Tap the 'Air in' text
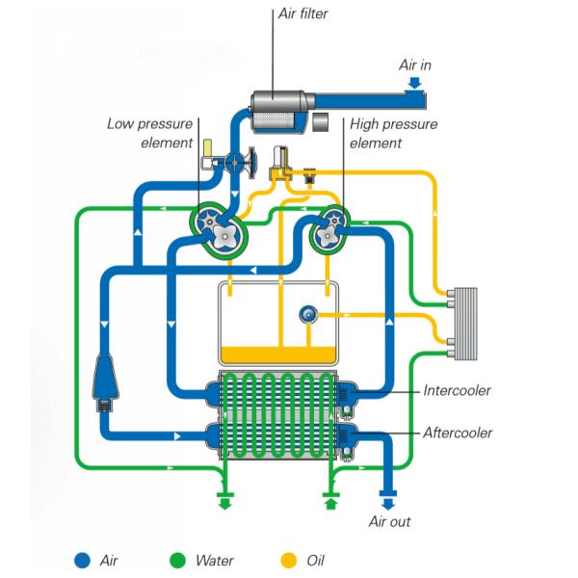(416, 66)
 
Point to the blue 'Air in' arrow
(414, 84)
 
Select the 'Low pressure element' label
(150, 133)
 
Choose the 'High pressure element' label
(393, 134)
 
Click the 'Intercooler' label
(457, 391)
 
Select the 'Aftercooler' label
(458, 433)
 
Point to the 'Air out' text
(389, 521)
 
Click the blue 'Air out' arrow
(388, 501)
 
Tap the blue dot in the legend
(84, 560)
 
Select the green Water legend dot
(177, 560)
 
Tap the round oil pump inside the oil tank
(309, 313)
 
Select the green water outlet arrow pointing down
(224, 502)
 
